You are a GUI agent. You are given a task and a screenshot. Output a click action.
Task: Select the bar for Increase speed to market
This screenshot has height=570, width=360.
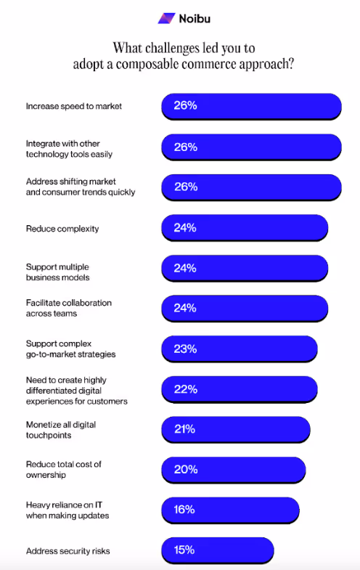(251, 106)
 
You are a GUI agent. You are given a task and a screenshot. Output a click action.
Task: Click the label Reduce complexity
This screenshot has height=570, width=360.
(62, 229)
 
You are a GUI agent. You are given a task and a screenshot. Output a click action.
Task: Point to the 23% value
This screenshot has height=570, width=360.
(185, 349)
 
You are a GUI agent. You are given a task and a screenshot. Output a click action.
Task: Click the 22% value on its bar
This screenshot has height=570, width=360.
(185, 389)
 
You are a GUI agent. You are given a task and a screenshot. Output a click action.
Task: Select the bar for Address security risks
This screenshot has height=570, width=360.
(218, 550)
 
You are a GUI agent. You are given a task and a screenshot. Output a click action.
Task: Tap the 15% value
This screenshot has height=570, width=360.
(185, 550)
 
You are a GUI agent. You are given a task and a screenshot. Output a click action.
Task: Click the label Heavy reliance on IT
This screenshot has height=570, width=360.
(64, 505)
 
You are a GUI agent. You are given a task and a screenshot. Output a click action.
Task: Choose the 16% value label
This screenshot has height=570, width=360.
(185, 510)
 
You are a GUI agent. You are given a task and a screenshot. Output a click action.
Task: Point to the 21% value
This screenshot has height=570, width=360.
(185, 429)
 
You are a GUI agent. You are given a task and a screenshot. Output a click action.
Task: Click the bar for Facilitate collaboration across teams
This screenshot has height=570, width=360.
(245, 308)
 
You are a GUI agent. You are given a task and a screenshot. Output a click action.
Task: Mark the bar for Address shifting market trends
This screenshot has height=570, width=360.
(251, 187)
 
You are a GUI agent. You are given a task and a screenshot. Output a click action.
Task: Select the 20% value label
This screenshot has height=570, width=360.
(185, 470)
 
